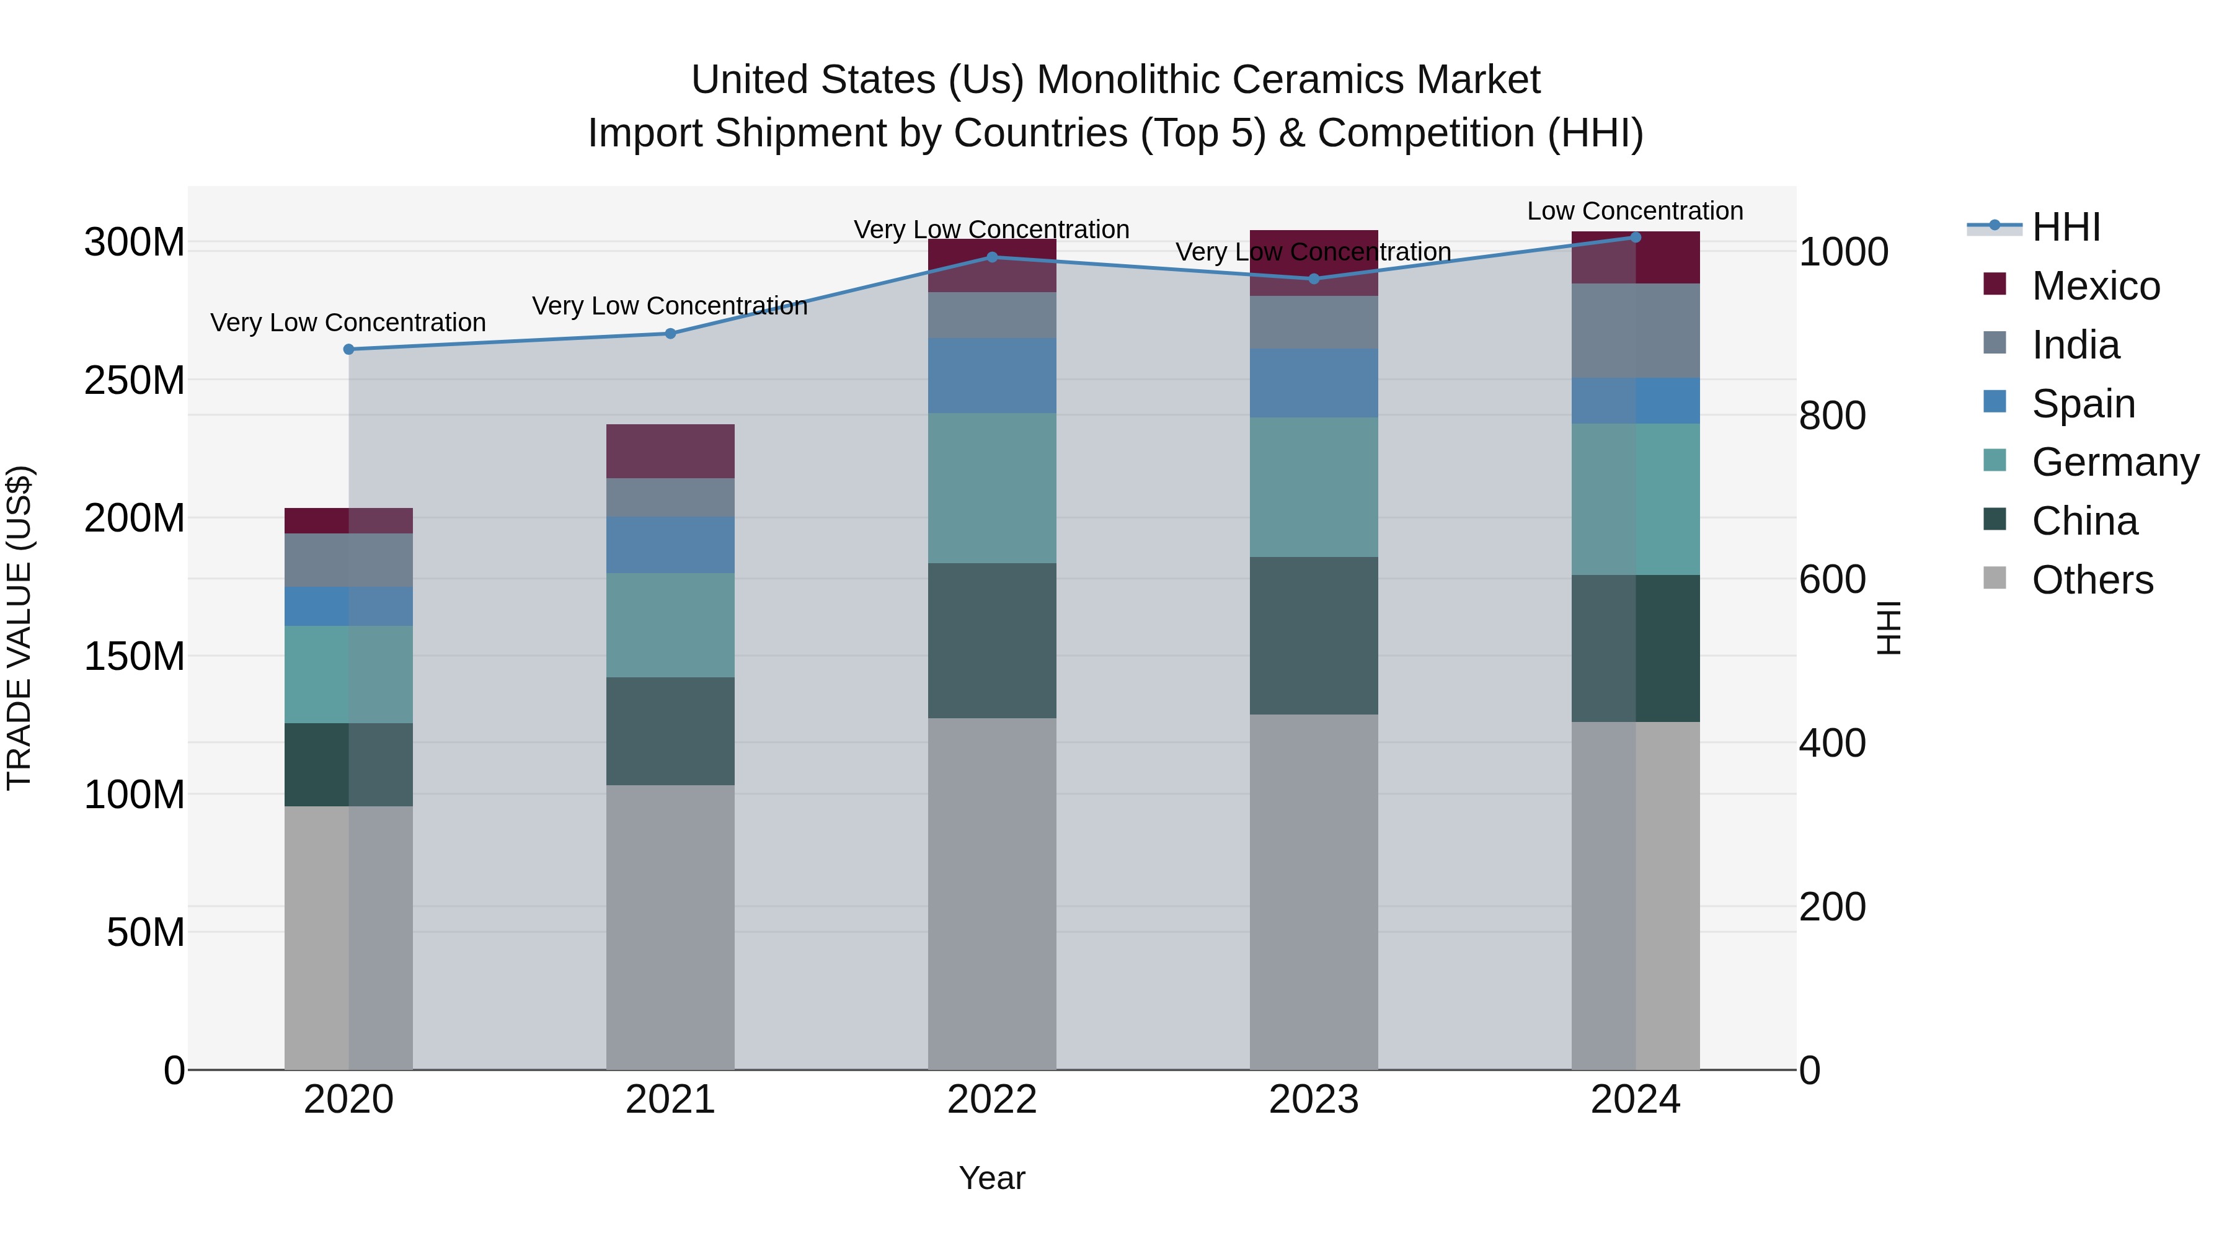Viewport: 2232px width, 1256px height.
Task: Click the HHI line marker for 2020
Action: click(x=348, y=349)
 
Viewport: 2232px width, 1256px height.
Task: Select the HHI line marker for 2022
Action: click(x=992, y=257)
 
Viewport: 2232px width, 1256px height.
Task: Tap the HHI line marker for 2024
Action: click(x=1635, y=237)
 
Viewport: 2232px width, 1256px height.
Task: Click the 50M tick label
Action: click(x=146, y=933)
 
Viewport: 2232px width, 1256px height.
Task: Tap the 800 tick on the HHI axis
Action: click(x=1831, y=416)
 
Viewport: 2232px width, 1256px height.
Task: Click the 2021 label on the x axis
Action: click(x=670, y=1100)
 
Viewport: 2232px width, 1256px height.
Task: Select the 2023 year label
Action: click(x=1314, y=1100)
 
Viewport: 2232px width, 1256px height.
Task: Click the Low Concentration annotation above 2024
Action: click(x=1634, y=211)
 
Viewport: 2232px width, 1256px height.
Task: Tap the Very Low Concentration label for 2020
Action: click(x=347, y=323)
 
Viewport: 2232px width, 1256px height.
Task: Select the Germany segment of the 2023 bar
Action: click(x=1314, y=486)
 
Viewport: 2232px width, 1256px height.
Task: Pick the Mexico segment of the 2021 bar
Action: click(x=670, y=451)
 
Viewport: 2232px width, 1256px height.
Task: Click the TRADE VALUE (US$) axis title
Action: click(x=20, y=628)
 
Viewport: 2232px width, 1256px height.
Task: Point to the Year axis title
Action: click(x=991, y=1178)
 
